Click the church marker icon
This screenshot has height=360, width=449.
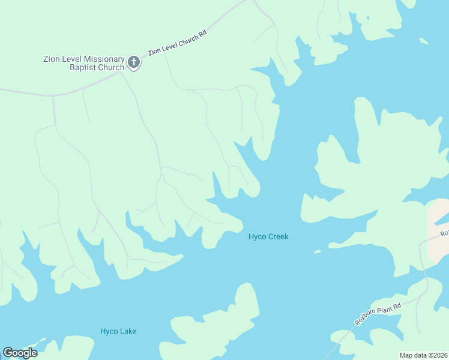(134, 62)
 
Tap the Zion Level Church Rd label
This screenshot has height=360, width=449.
(177, 43)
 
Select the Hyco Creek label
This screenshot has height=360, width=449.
(268, 236)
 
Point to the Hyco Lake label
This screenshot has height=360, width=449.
(118, 331)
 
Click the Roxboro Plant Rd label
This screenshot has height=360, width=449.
(376, 311)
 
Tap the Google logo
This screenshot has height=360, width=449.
(20, 353)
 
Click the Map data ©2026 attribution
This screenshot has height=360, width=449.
(423, 355)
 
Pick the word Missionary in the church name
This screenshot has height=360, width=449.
(104, 59)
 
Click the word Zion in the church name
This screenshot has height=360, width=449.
(52, 59)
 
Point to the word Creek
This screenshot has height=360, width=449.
(278, 236)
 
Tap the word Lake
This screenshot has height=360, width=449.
(127, 331)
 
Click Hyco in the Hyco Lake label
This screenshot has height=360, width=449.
(109, 331)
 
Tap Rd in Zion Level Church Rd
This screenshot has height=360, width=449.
(203, 32)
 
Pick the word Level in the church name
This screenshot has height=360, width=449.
(73, 59)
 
